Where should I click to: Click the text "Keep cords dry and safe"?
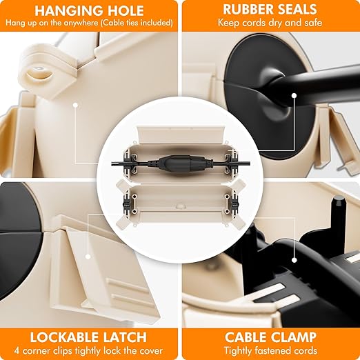pos(270,23)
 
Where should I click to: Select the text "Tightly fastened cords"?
pos(270,351)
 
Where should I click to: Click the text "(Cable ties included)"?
pos(137,23)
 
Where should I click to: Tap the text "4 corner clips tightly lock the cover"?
pos(88,351)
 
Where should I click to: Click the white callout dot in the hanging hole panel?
pos(75,105)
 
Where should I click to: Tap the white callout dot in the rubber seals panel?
pos(294,95)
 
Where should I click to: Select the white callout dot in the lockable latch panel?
pos(88,257)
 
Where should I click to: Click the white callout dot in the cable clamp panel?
pos(294,260)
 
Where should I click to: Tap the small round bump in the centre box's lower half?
pos(180,206)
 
